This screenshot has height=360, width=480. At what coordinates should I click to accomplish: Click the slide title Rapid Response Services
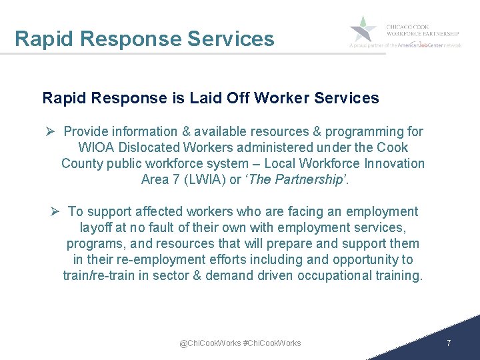click(144, 39)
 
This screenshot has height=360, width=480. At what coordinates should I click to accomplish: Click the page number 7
click(449, 343)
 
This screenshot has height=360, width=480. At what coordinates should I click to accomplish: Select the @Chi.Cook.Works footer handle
click(210, 343)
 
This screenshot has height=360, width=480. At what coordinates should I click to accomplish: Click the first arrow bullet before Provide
click(55, 131)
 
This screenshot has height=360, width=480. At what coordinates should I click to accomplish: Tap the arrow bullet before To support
click(56, 211)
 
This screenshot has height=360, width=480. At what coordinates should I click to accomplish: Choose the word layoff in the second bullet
click(87, 227)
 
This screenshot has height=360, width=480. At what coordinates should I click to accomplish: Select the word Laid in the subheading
click(202, 99)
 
